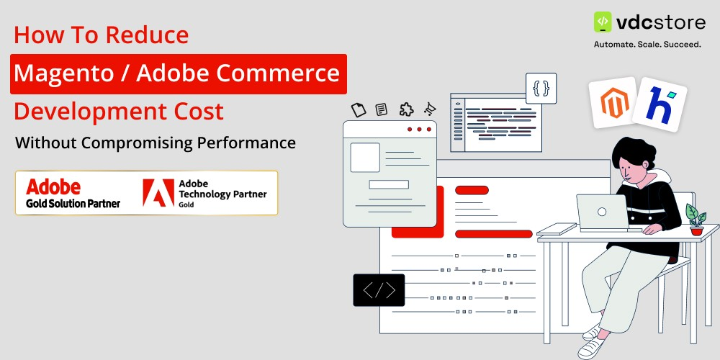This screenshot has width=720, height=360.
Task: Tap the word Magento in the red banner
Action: pos(58,73)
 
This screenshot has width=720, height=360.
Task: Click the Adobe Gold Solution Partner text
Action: pos(73,194)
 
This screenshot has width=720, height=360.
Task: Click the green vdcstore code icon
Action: pos(603,22)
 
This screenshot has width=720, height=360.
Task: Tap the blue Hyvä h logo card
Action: pos(659,103)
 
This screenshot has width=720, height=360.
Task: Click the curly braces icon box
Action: pos(541,89)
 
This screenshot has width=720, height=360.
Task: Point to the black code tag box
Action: pos(379,290)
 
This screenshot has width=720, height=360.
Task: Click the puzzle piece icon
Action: pos(406,109)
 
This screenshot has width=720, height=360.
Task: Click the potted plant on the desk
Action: pos(696,219)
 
